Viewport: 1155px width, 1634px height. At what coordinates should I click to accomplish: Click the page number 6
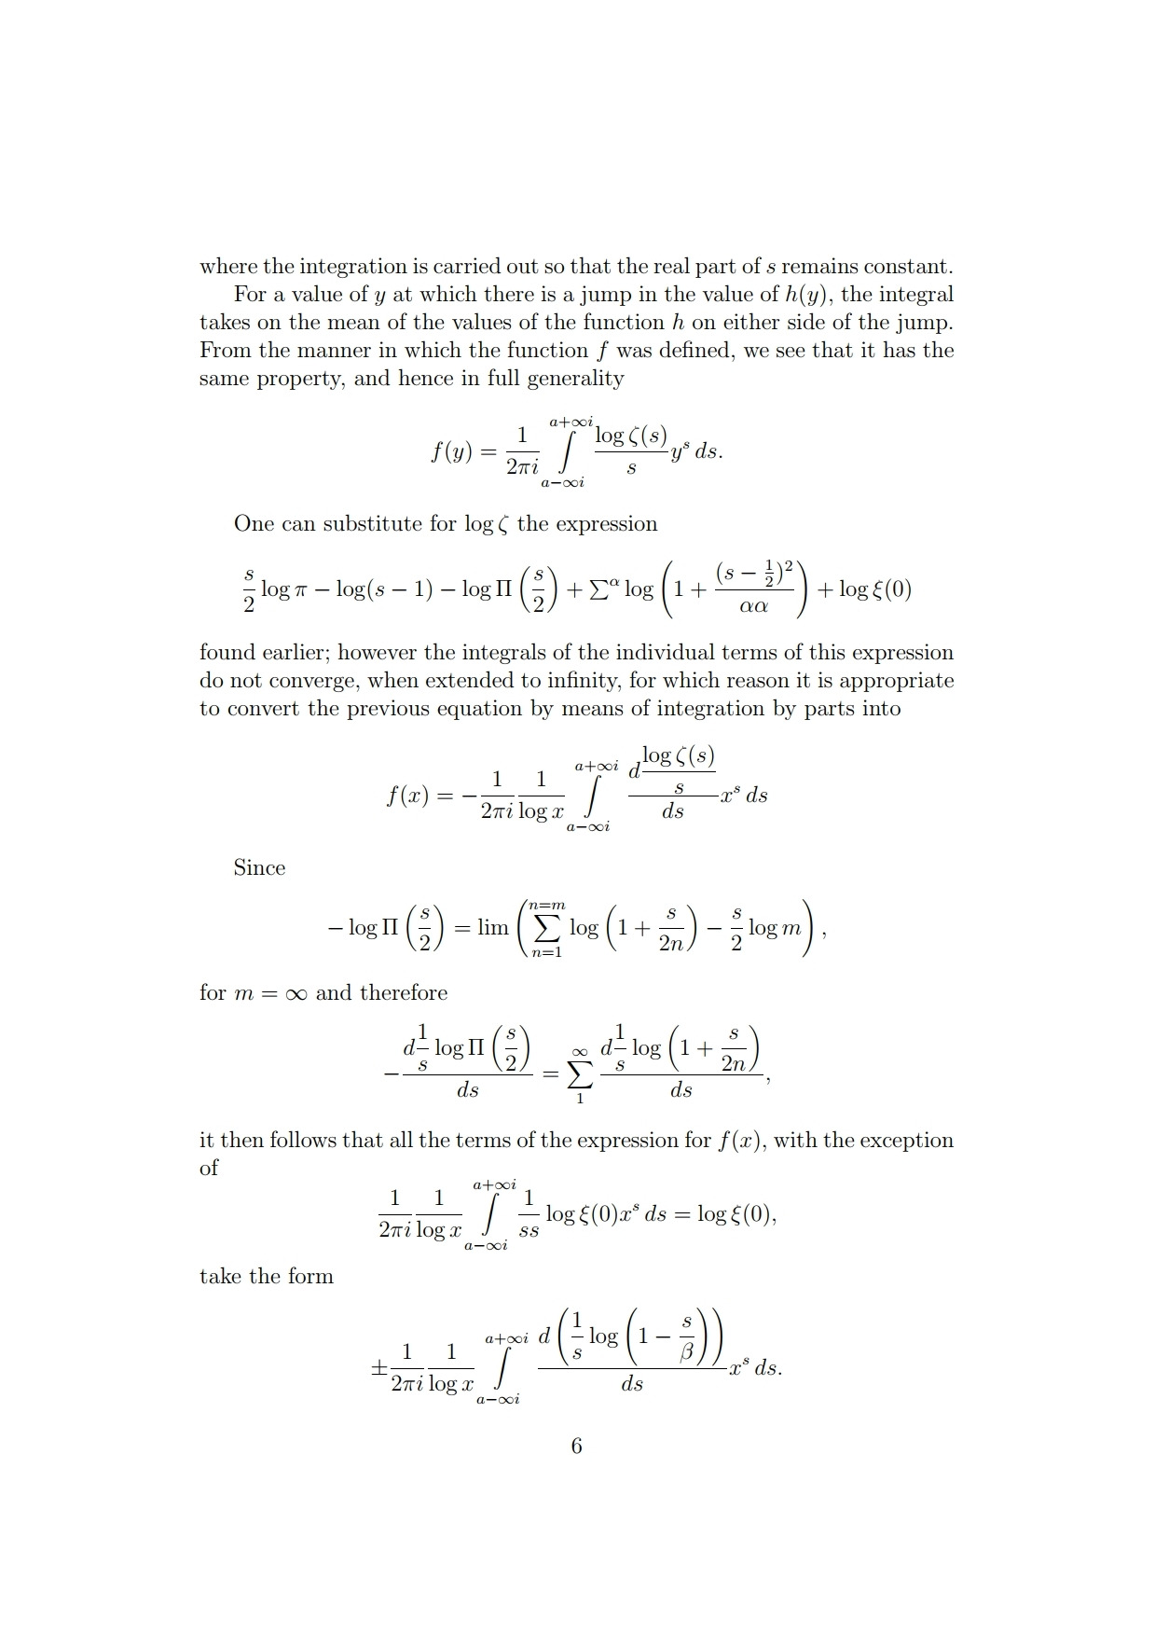coord(576,1446)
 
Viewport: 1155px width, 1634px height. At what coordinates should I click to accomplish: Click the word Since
coord(259,867)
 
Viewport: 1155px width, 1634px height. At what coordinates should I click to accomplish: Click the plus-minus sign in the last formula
coord(378,1368)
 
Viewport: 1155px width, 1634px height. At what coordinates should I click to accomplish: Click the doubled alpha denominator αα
coord(753,606)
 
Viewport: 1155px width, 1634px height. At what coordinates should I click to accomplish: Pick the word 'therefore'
coord(403,993)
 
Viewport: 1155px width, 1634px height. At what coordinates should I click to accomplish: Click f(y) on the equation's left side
coord(451,452)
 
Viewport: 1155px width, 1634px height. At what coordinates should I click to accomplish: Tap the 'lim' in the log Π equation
coord(492,928)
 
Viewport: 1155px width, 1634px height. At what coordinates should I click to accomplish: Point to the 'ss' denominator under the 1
coord(529,1231)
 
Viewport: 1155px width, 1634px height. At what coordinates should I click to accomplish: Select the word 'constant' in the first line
coord(905,267)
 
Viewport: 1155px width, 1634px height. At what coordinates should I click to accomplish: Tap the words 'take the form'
coord(267,1276)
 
